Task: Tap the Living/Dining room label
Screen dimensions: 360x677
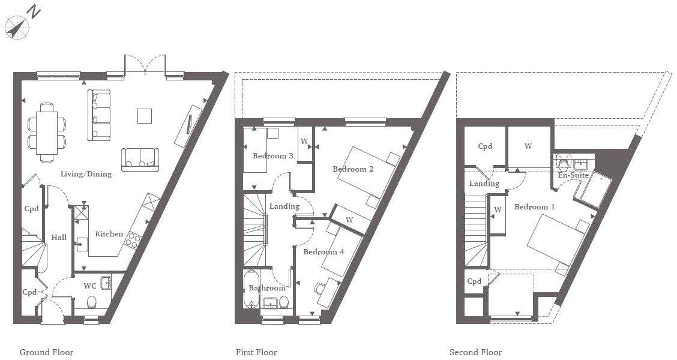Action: tap(86, 175)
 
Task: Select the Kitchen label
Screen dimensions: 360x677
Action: tap(109, 234)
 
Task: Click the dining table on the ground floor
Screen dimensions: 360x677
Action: tap(47, 133)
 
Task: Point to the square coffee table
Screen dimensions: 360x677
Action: tap(145, 115)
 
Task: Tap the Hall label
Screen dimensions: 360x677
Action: tap(59, 238)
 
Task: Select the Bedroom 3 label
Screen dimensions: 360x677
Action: tap(273, 156)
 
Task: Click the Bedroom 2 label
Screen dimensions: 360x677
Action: tap(354, 169)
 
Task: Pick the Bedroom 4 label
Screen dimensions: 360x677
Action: tap(323, 252)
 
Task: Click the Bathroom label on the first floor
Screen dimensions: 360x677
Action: tap(267, 288)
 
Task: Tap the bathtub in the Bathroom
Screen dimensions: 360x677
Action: tap(251, 289)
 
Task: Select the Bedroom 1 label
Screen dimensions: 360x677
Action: tap(534, 206)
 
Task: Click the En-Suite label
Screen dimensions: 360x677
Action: tap(573, 175)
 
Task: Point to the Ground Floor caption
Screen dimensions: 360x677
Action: tap(46, 352)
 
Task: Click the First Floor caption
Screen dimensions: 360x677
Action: tap(256, 352)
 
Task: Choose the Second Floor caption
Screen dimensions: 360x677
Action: tap(475, 352)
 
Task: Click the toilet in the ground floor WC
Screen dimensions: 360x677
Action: tap(91, 302)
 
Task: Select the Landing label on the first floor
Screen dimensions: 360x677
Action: tap(284, 206)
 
